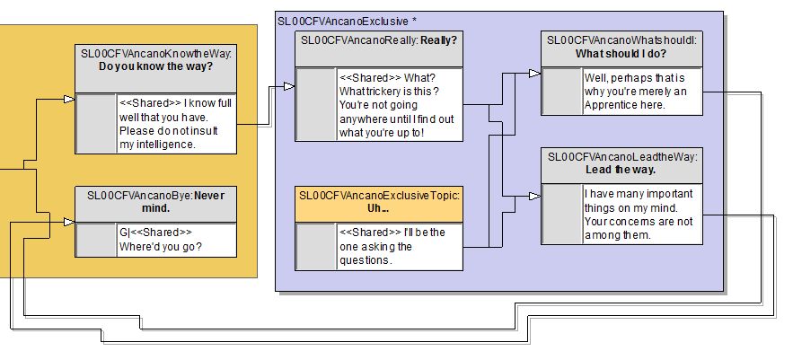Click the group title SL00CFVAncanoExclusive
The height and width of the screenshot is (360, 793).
[x=341, y=20]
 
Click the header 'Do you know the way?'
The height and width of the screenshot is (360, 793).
[x=155, y=60]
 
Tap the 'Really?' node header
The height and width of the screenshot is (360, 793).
[x=379, y=46]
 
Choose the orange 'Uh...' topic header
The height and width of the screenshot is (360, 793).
[x=379, y=201]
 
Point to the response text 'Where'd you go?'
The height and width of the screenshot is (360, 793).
[x=176, y=240]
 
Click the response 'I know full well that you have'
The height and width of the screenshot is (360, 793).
[x=176, y=123]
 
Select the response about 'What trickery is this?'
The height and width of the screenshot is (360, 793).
[x=399, y=105]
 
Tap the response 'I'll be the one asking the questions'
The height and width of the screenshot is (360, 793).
[x=399, y=246]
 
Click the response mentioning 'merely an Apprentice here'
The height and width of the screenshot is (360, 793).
[x=639, y=92]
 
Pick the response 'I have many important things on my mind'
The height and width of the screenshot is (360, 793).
[x=639, y=214]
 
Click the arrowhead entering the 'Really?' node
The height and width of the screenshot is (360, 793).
[x=288, y=86]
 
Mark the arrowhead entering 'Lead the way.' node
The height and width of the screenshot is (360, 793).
[x=534, y=193]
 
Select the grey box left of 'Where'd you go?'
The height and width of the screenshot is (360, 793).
[x=96, y=240]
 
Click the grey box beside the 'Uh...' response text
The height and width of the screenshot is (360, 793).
[x=316, y=246]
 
